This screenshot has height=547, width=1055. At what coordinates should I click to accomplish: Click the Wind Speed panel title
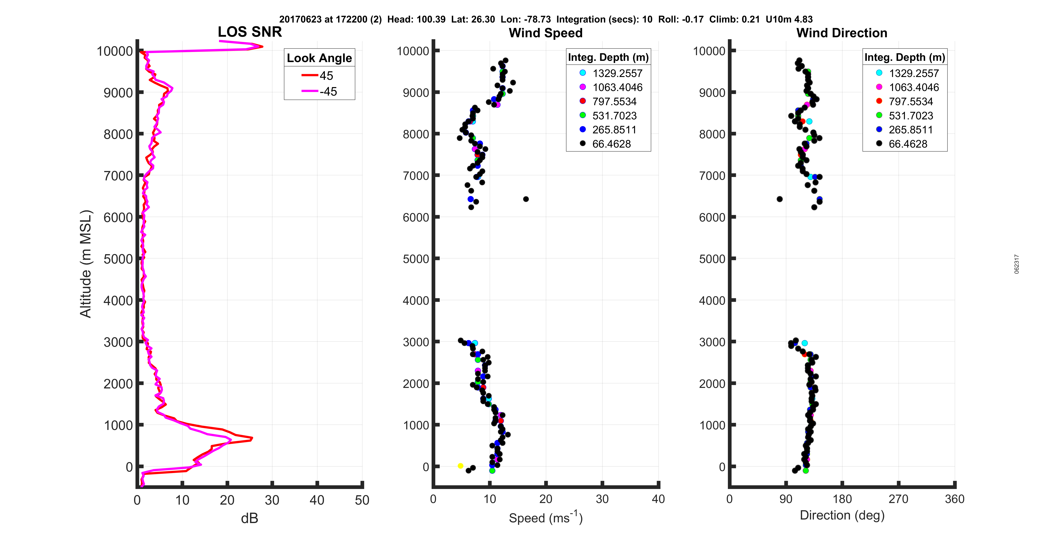click(x=546, y=33)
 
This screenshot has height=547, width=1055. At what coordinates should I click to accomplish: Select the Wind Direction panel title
click(x=842, y=33)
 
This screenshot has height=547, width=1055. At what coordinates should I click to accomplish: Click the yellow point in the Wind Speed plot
click(x=460, y=466)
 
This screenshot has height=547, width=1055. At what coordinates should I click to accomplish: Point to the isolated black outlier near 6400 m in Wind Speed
click(x=526, y=199)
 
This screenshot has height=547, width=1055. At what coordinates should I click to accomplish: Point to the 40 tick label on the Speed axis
click(x=658, y=499)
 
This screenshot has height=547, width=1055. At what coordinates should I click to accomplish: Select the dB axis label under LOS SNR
click(x=249, y=518)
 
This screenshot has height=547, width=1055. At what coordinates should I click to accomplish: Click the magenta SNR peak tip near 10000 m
click(x=262, y=46)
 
